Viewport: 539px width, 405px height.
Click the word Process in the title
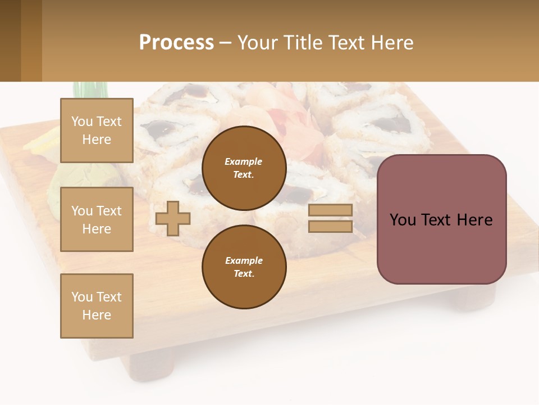click(176, 43)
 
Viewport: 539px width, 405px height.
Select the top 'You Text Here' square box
click(97, 130)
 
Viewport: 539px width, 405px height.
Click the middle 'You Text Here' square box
click(97, 219)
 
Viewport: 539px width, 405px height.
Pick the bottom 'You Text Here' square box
click(97, 306)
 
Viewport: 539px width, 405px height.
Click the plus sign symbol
click(173, 218)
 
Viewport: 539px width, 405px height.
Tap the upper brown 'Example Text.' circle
click(244, 168)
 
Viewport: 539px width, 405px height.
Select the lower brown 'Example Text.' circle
click(244, 267)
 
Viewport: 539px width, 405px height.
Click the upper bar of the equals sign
click(331, 210)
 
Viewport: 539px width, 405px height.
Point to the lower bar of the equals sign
click(331, 226)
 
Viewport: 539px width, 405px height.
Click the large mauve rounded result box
click(441, 247)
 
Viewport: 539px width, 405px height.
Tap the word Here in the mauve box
click(475, 220)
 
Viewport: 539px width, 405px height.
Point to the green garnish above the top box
click(90, 90)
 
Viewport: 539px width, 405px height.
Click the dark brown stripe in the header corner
click(10, 40)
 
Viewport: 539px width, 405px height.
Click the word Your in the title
click(257, 43)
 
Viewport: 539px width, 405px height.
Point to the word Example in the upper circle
click(244, 161)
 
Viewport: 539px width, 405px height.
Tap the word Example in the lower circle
click(244, 260)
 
